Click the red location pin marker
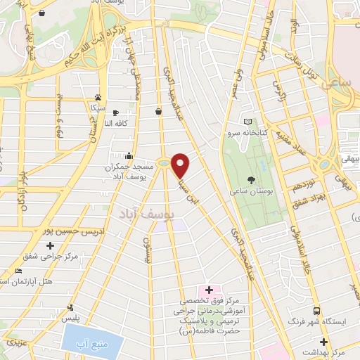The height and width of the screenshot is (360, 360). pos(181,165)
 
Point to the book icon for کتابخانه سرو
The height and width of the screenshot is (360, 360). pos(246,120)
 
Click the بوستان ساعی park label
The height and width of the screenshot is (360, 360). pos(247,190)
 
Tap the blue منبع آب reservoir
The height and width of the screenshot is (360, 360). pos(93,344)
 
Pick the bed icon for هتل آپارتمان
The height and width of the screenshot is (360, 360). pos(19,271)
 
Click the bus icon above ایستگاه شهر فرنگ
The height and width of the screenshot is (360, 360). pos(316,310)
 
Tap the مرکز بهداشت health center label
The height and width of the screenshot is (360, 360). pos(330,350)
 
